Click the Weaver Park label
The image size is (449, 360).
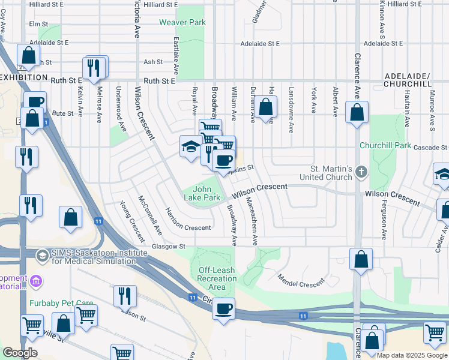[x=182, y=23]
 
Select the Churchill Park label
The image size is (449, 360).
[x=385, y=145]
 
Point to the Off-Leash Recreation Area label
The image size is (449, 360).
[x=217, y=278]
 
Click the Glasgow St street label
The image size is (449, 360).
[x=169, y=246]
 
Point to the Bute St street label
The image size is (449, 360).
[x=62, y=113]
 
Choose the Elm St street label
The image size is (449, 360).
[x=38, y=25]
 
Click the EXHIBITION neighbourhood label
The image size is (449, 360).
[x=24, y=78]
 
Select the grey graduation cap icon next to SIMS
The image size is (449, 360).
[x=42, y=256]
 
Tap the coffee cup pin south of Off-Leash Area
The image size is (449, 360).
[x=224, y=309]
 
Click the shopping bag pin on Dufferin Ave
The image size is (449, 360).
[x=267, y=108]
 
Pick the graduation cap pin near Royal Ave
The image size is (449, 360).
[x=191, y=147]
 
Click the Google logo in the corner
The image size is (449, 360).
[x=20, y=353]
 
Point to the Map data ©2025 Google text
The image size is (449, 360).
[x=412, y=355]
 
